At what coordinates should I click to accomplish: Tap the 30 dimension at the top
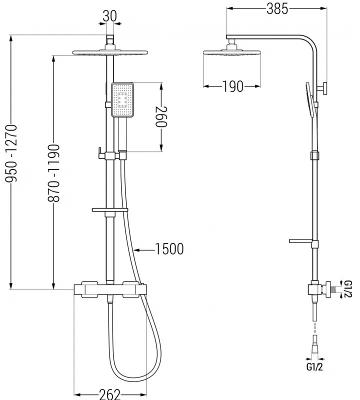pos(110,15)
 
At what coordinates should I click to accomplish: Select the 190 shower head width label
pos(232,86)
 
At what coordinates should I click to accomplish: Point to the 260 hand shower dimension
pos(161,116)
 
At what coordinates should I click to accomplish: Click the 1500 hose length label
pos(169,248)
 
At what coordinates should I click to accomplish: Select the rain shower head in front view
pos(110,52)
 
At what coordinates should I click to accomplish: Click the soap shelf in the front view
pos(110,210)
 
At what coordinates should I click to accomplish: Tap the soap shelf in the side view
pos(302,241)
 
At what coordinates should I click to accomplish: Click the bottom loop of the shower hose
pos(131,376)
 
